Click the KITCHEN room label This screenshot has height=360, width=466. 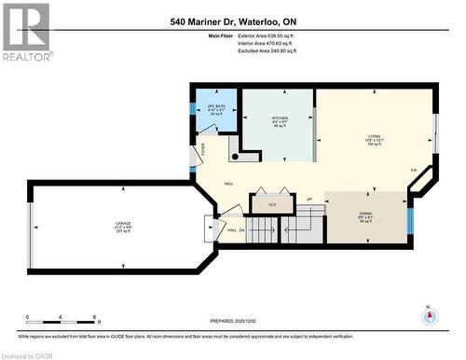[x=279, y=118]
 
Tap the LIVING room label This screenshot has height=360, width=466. [x=373, y=138]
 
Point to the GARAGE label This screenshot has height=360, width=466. [x=122, y=225]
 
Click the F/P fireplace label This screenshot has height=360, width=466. [x=414, y=171]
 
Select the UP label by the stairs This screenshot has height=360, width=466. [x=308, y=200]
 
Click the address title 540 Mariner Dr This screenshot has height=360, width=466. [x=233, y=21]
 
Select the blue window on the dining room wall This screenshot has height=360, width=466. [x=409, y=220]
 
